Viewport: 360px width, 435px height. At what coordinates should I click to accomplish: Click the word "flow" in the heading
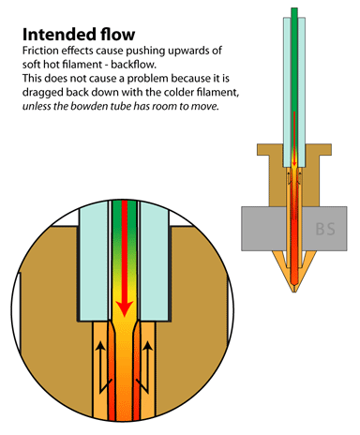pyautogui.click(x=118, y=34)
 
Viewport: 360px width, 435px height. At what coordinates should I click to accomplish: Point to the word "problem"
pyautogui.click(x=147, y=79)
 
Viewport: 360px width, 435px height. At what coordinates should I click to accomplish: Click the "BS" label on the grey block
pyautogui.click(x=325, y=229)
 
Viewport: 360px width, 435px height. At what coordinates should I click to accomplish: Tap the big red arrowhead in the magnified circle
pyautogui.click(x=125, y=308)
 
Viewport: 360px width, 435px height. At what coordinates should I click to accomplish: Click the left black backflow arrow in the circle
pyautogui.click(x=100, y=367)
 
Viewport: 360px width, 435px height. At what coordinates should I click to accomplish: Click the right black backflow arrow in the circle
pyautogui.click(x=147, y=367)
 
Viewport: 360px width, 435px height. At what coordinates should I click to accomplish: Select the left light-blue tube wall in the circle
pyautogui.click(x=94, y=261)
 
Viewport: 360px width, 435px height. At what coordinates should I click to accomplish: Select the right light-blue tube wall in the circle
pyautogui.click(x=155, y=261)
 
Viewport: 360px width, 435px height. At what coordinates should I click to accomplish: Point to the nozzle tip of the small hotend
pyautogui.click(x=294, y=292)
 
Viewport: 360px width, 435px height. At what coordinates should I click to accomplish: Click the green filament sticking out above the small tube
pyautogui.click(x=294, y=13)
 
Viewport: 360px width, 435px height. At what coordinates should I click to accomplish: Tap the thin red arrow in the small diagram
pyautogui.click(x=294, y=139)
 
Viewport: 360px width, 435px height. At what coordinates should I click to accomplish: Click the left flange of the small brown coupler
pyautogui.click(x=262, y=150)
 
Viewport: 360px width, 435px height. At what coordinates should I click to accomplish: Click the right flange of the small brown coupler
pyautogui.click(x=325, y=150)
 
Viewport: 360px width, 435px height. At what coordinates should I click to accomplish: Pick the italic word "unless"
pyautogui.click(x=37, y=106)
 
